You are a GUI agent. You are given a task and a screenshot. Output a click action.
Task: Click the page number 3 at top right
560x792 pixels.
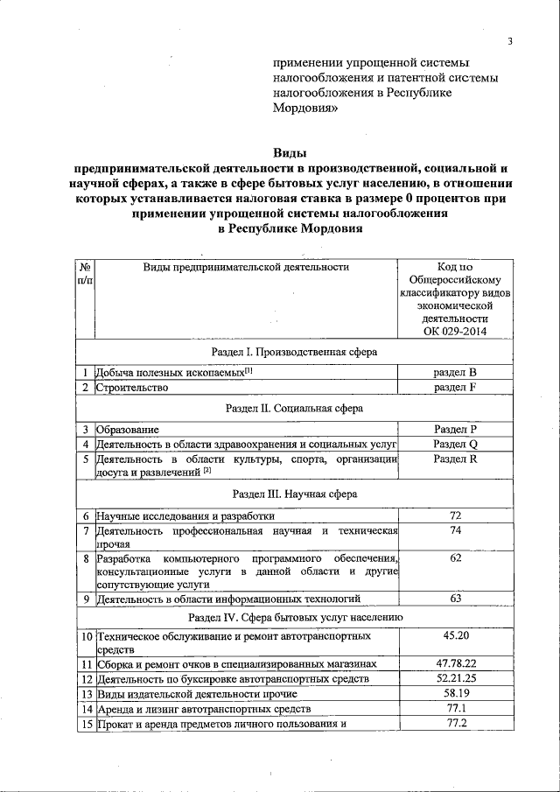tap(509, 42)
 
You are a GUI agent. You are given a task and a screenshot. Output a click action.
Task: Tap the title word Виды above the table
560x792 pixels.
tap(290, 152)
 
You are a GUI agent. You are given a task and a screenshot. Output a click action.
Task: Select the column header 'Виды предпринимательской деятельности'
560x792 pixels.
tap(246, 267)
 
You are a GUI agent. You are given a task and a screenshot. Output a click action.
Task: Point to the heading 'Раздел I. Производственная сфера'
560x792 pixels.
tap(294, 352)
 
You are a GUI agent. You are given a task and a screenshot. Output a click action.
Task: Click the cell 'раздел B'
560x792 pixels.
tap(455, 372)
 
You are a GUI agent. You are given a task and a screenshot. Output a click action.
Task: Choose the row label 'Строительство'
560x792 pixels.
tap(132, 388)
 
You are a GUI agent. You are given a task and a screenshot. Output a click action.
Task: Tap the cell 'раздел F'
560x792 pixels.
tap(455, 388)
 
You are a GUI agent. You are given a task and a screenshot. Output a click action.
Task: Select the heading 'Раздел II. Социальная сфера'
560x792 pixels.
tap(294, 408)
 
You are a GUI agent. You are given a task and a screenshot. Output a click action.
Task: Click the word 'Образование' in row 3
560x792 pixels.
tap(128, 429)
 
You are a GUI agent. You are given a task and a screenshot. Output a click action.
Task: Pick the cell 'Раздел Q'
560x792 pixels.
tap(455, 444)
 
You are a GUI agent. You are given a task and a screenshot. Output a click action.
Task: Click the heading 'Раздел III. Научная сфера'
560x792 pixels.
tap(294, 494)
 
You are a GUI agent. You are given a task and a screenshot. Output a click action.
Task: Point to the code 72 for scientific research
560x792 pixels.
tap(455, 515)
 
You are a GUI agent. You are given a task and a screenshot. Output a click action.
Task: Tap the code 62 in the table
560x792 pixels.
tap(455, 557)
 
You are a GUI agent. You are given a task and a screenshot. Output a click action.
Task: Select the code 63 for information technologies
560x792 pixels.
tap(455, 599)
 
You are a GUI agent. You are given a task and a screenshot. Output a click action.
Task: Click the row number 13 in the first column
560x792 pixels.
tap(86, 694)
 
